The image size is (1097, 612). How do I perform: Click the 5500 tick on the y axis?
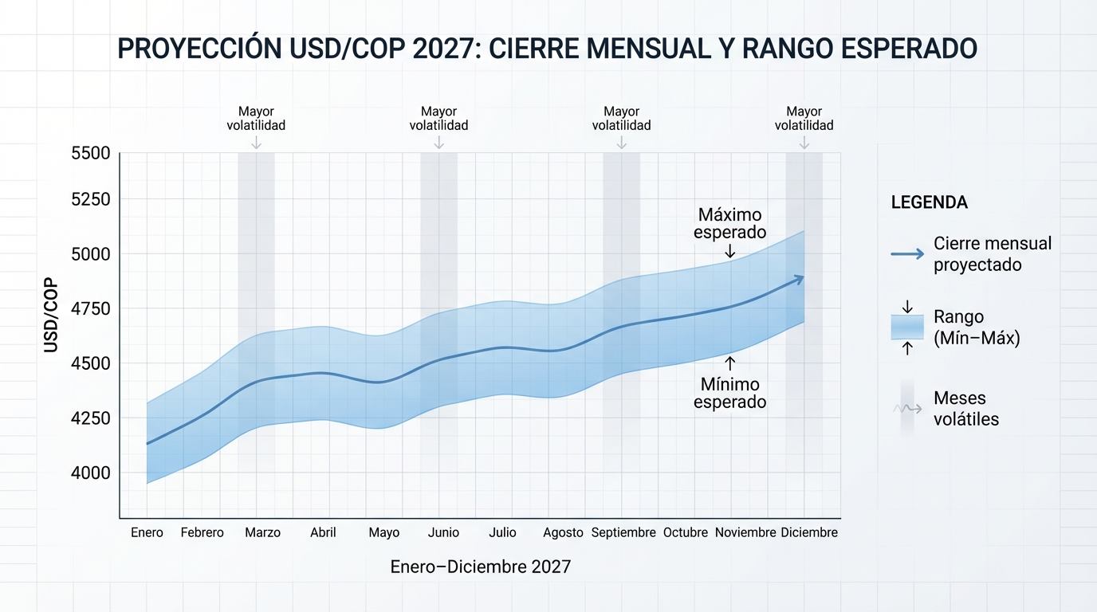[91, 153]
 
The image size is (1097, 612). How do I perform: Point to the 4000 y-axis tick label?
[91, 473]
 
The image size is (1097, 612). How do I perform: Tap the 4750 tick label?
[91, 308]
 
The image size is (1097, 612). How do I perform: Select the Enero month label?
[147, 532]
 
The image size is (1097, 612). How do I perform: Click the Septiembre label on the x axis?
[623, 532]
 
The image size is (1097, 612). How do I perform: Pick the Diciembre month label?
[809, 532]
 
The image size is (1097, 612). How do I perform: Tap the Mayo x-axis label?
[384, 532]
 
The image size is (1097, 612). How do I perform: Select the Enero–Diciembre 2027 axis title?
[481, 567]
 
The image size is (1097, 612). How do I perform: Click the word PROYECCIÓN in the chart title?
[199, 49]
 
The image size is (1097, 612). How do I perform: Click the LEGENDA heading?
[929, 202]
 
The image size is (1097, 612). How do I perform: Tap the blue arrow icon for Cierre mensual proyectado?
[907, 254]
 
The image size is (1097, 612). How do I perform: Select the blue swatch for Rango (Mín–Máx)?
[907, 327]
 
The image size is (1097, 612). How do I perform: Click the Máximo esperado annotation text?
[729, 223]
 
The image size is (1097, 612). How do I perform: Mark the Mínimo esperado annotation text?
[729, 394]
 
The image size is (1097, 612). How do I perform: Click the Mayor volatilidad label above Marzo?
[256, 119]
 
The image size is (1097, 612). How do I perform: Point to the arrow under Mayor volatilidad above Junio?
[438, 143]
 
